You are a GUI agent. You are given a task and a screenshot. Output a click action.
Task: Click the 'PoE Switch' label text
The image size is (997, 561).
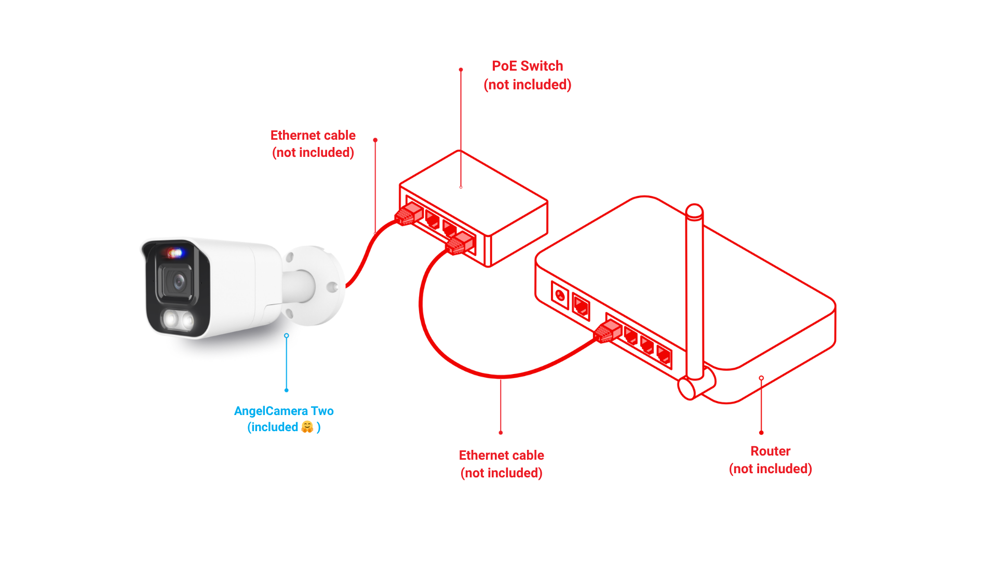527,66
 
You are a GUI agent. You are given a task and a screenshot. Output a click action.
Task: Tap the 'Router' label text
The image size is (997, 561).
770,451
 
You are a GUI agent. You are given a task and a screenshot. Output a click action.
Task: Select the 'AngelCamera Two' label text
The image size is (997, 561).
284,411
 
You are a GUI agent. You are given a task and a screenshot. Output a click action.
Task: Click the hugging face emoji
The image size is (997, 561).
307,427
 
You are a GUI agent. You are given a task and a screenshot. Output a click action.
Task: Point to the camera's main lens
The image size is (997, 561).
179,282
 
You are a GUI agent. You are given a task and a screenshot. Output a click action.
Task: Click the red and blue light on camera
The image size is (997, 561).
174,253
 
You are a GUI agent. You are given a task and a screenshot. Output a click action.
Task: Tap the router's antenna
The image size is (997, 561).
694,291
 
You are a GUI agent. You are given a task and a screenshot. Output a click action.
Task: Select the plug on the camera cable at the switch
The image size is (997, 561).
408,214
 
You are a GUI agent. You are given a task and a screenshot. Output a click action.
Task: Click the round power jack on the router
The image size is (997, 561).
560,296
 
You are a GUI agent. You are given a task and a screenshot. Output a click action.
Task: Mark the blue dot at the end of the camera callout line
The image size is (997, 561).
286,390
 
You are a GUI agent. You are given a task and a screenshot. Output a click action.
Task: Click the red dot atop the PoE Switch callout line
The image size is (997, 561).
461,70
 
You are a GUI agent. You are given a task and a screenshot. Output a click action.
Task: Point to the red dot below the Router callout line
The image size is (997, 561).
761,433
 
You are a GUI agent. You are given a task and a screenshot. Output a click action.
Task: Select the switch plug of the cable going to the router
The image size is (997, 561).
460,244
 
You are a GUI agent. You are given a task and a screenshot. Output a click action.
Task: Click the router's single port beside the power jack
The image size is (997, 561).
581,306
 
